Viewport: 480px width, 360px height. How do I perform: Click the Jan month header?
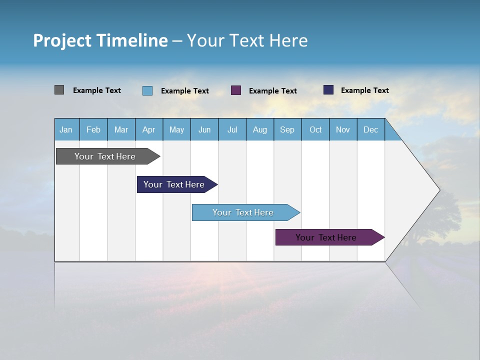66,129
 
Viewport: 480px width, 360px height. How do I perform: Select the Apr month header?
148,129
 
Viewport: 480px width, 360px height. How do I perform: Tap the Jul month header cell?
232,129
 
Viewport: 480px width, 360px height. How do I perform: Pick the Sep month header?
287,129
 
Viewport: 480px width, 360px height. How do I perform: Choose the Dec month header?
370,129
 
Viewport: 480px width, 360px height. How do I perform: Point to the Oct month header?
315,129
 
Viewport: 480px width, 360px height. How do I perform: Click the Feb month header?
93,129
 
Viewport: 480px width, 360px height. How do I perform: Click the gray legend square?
59,90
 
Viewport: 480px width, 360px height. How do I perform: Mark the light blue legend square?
147,90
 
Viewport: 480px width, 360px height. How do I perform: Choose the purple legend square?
236,90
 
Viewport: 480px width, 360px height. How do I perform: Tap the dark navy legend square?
328,90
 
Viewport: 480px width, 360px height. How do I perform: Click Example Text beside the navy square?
364,90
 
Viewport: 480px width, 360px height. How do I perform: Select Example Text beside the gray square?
97,90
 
